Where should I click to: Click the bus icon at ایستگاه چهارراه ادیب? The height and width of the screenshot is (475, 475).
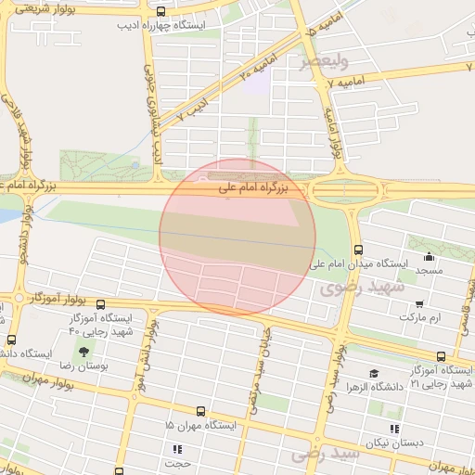[162, 12]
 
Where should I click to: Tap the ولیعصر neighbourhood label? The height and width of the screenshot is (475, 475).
[324, 62]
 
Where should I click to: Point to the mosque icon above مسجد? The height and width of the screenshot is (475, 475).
[429, 257]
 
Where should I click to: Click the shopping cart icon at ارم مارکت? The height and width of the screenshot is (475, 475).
[419, 303]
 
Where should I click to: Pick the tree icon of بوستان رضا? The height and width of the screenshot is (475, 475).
[84, 352]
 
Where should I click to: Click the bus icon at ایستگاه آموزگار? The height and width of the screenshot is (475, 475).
[100, 303]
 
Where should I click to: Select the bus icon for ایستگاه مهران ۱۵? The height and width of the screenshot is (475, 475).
[200, 411]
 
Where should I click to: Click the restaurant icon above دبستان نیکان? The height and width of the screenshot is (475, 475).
[394, 429]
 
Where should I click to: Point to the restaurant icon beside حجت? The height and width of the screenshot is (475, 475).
[177, 449]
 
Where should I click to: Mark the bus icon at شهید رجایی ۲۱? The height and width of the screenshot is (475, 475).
[441, 356]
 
